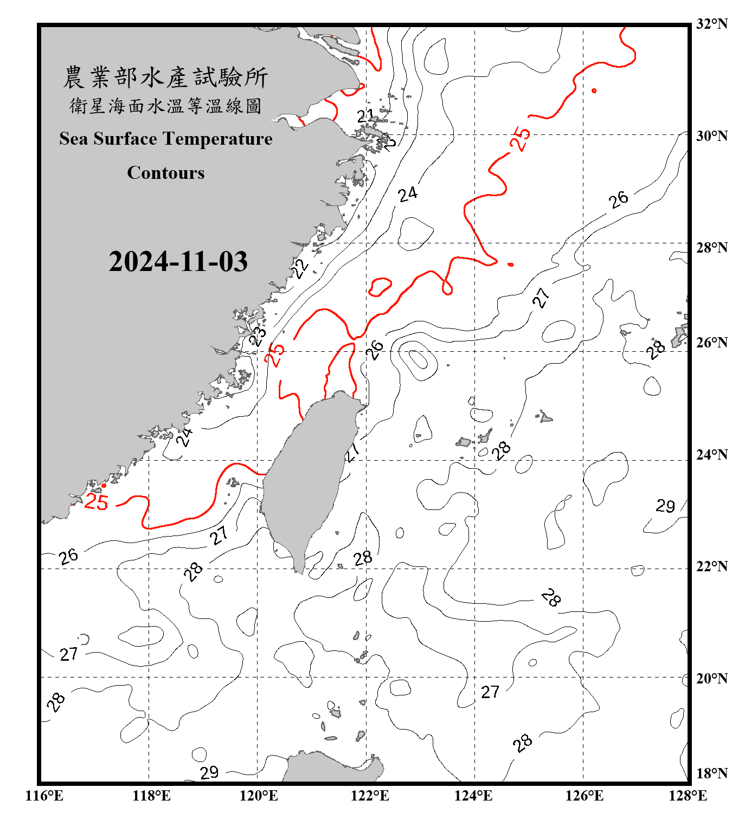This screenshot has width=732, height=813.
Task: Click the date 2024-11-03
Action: [x=178, y=261]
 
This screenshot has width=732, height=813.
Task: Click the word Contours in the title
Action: [x=165, y=173]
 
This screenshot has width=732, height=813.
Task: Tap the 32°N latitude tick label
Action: [x=711, y=24]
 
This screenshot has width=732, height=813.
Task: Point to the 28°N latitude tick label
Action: [x=711, y=248]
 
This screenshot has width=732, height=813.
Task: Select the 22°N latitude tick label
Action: [x=711, y=566]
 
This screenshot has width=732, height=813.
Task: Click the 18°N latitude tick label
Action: [x=711, y=773]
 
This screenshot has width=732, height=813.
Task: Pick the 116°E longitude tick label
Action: [x=44, y=796]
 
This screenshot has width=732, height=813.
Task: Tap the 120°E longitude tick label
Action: [x=259, y=796]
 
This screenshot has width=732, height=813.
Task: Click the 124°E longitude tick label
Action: [x=473, y=796]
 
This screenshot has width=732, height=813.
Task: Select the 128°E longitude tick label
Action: [x=688, y=796]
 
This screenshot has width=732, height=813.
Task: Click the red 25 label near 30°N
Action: [x=520, y=139]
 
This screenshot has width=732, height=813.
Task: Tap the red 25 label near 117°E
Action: [x=97, y=502]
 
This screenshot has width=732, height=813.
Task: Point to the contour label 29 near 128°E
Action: [x=665, y=506]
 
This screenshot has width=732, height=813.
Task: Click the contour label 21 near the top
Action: [x=365, y=115]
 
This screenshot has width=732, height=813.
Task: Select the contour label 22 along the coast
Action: [x=299, y=268]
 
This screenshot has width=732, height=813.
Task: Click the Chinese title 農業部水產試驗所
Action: [x=165, y=77]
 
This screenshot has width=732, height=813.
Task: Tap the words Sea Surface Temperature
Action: [x=165, y=139]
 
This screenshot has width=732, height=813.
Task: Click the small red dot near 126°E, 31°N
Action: [x=594, y=91]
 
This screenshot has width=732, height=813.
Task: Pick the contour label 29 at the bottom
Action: [x=209, y=772]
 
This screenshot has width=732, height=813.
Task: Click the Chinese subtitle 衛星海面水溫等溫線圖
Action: [x=165, y=106]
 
